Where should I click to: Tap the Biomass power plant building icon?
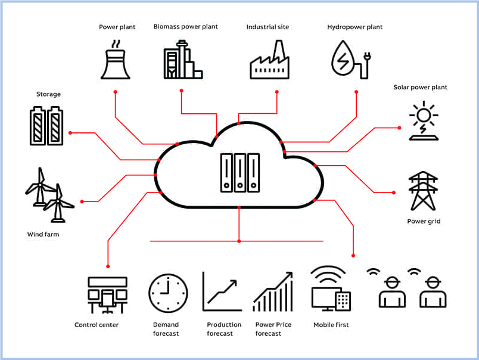tap(183, 61)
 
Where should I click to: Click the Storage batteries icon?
tap(46, 126)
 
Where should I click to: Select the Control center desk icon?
tap(107, 294)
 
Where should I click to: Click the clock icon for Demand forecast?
tap(168, 293)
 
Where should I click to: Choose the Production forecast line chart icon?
tap(222, 291)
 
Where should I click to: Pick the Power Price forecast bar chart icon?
tap(273, 291)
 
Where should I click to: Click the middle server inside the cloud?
tap(240, 173)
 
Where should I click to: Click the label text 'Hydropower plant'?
tap(355, 27)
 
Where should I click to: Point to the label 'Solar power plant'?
tap(420, 87)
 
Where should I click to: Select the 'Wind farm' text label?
tap(43, 234)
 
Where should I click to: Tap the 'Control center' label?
tap(97, 325)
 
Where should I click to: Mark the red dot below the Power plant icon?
tap(116, 92)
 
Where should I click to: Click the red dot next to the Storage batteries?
tap(70, 132)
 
